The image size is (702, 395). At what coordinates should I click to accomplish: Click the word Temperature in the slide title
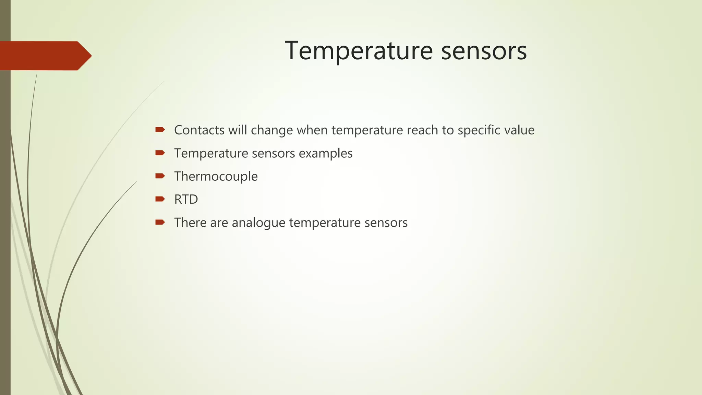(359, 51)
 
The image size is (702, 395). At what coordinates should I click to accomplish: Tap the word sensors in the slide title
(484, 51)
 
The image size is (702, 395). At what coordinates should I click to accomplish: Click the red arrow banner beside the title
(45, 56)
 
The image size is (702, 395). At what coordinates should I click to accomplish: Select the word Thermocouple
(216, 177)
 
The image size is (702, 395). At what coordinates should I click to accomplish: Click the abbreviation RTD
(186, 200)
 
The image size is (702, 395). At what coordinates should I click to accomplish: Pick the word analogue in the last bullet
(258, 223)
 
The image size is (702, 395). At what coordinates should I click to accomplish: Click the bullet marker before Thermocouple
(160, 176)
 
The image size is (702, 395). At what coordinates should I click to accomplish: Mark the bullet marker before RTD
(160, 199)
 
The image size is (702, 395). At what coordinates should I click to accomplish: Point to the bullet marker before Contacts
(160, 130)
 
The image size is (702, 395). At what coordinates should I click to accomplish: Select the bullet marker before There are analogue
(160, 222)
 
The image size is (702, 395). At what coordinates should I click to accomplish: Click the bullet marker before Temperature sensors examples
(160, 153)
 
